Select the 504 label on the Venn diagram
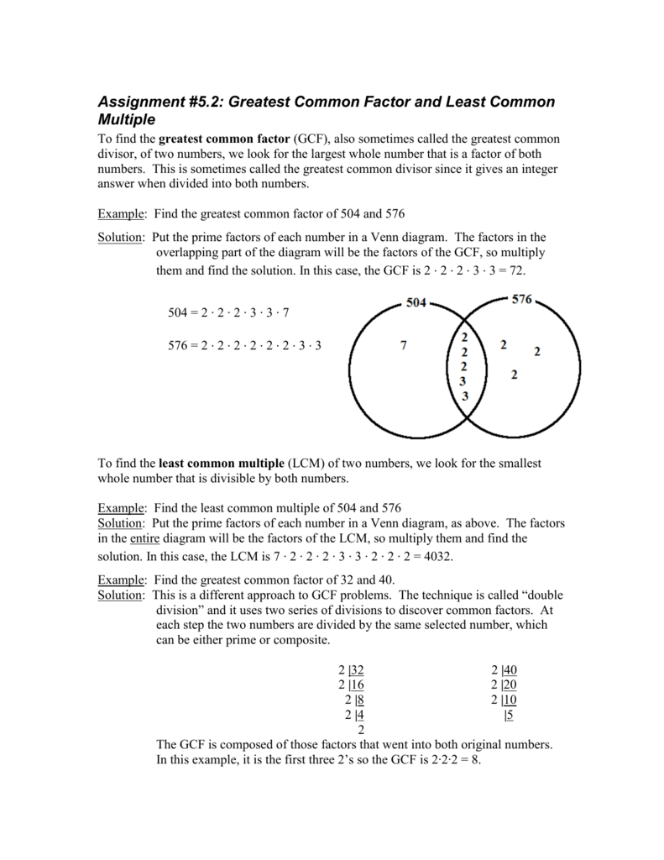pyautogui.click(x=417, y=303)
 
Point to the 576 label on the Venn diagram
pyautogui.click(x=520, y=301)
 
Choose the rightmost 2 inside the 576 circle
pyautogui.click(x=537, y=352)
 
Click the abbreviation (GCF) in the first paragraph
pyautogui.click(x=310, y=139)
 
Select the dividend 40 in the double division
pyautogui.click(x=510, y=670)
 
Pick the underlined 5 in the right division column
pyautogui.click(x=510, y=716)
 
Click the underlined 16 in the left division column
pyautogui.click(x=357, y=685)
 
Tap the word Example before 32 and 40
pyautogui.click(x=120, y=580)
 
